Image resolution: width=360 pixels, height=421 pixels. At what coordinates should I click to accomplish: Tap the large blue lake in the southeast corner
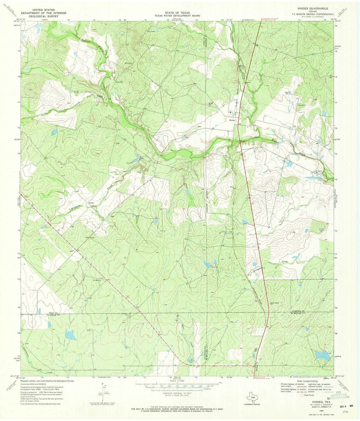pyautogui.click(x=322, y=356)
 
